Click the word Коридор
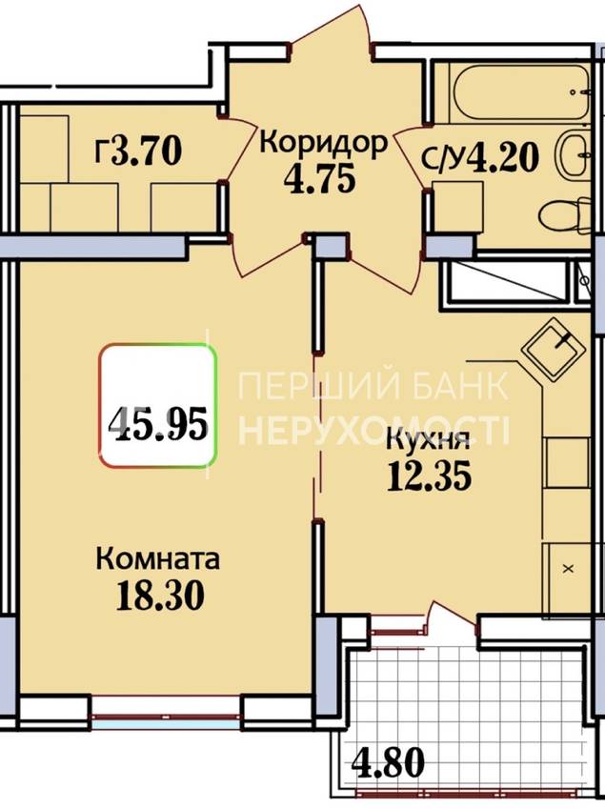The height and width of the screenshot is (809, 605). click(x=323, y=143)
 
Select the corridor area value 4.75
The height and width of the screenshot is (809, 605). click(x=320, y=179)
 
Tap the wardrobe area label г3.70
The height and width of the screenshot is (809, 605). click(x=138, y=152)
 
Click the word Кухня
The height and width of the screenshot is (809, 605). click(x=428, y=441)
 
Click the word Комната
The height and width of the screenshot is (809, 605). click(x=158, y=559)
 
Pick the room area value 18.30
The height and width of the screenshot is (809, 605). click(x=160, y=595)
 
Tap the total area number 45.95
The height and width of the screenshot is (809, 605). click(x=158, y=423)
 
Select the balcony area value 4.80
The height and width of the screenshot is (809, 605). click(x=389, y=762)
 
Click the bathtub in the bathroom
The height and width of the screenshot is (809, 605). click(x=520, y=93)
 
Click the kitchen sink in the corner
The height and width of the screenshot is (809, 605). click(x=554, y=349)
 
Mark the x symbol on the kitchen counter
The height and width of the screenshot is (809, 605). click(x=569, y=569)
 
